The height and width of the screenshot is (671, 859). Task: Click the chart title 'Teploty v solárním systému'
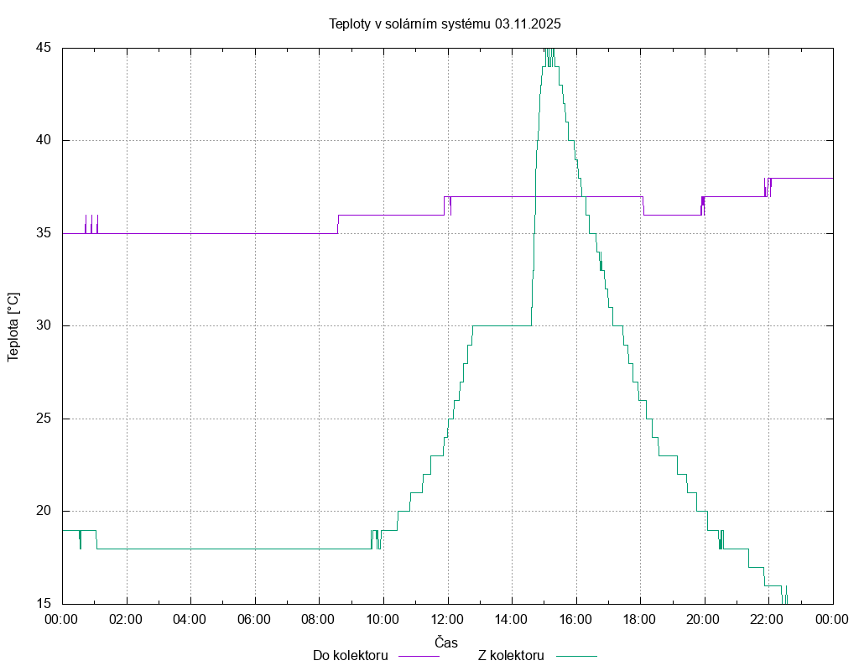410,23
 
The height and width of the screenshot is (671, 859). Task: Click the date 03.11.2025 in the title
528,23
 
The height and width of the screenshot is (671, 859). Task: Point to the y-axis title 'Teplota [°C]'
13,326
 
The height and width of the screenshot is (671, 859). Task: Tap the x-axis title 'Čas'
446,642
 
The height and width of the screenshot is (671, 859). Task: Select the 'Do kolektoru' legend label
350,656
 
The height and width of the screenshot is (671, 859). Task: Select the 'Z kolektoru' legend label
511,656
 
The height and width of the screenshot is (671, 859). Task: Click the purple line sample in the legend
418,656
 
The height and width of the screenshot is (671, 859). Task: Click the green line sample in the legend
575,656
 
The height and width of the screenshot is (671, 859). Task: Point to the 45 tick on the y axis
44,48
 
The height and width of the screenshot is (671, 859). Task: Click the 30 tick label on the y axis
44,325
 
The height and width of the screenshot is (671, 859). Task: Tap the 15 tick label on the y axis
44,604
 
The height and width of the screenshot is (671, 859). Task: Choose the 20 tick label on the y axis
44,511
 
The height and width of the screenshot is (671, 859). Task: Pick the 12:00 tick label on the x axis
447,619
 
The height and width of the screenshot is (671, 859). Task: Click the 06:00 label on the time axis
254,619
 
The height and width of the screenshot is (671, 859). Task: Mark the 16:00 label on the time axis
575,619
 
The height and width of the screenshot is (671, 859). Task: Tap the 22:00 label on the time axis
768,619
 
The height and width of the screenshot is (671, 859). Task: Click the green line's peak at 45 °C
549,50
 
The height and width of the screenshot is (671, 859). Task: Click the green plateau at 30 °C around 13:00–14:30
502,325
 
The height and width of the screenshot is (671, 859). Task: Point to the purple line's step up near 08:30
338,224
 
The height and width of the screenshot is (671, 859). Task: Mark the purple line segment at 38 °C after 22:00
802,178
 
